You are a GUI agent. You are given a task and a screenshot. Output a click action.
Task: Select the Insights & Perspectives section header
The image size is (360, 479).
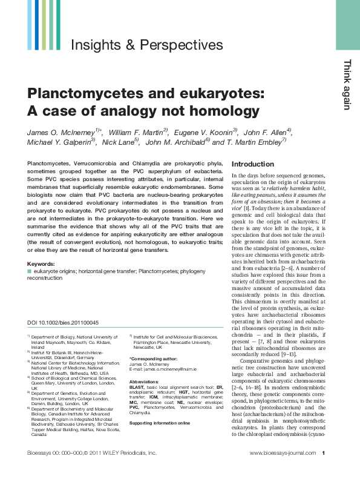pos(147,45)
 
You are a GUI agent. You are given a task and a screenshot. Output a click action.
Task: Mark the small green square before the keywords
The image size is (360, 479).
pos(30,271)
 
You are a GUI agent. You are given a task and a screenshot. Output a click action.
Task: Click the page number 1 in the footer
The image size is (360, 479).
pos(324,470)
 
